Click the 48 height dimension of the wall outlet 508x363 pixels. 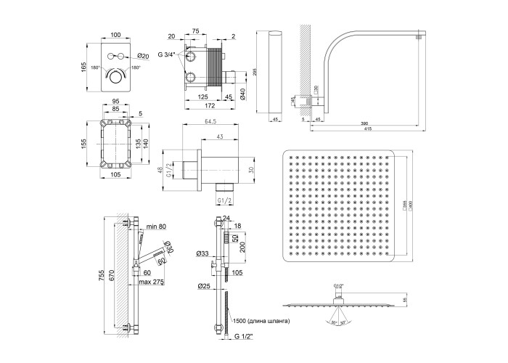click(161, 170)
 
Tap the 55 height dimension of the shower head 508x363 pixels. click(405, 299)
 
